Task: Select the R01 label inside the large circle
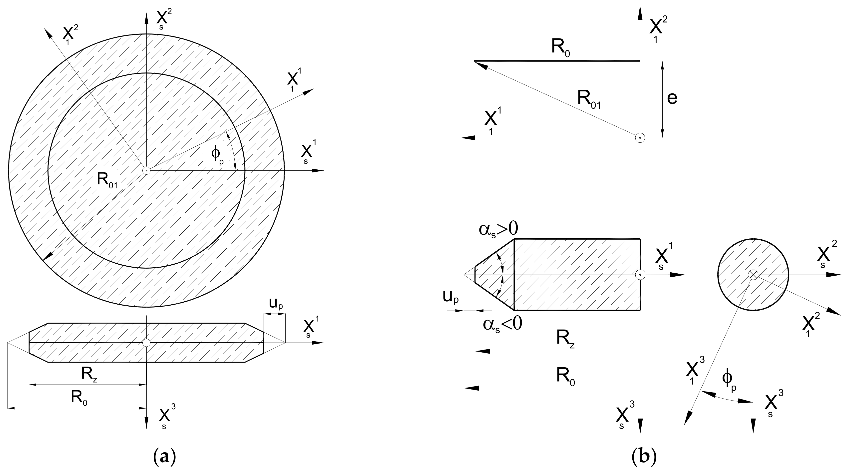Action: click(x=107, y=180)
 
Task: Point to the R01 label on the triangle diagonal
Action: click(x=589, y=99)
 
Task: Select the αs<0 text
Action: click(x=502, y=324)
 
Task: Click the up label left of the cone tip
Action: click(x=450, y=298)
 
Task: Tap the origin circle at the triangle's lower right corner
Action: click(x=640, y=138)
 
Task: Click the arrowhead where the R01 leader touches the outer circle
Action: click(x=48, y=256)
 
